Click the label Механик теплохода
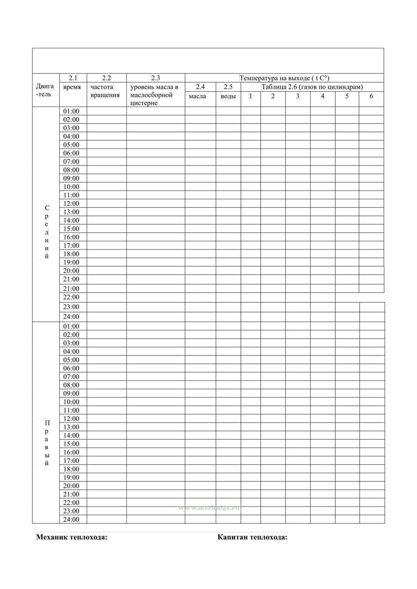point(72,537)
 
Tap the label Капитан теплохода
point(252,537)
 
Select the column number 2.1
point(73,78)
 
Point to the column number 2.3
point(155,78)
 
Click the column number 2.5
point(228,87)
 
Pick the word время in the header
point(72,87)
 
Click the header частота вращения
point(105,91)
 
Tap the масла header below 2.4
point(197,96)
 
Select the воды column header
point(228,96)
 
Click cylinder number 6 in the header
point(371,96)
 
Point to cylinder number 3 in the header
point(298,96)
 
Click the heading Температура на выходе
point(284,78)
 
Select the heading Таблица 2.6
point(312,87)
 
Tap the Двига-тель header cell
point(45,90)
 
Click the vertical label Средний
point(47,232)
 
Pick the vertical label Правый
point(47,443)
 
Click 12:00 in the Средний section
point(71,204)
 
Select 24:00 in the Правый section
point(71,519)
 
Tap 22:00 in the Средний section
point(71,297)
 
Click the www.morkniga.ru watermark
point(209,508)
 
